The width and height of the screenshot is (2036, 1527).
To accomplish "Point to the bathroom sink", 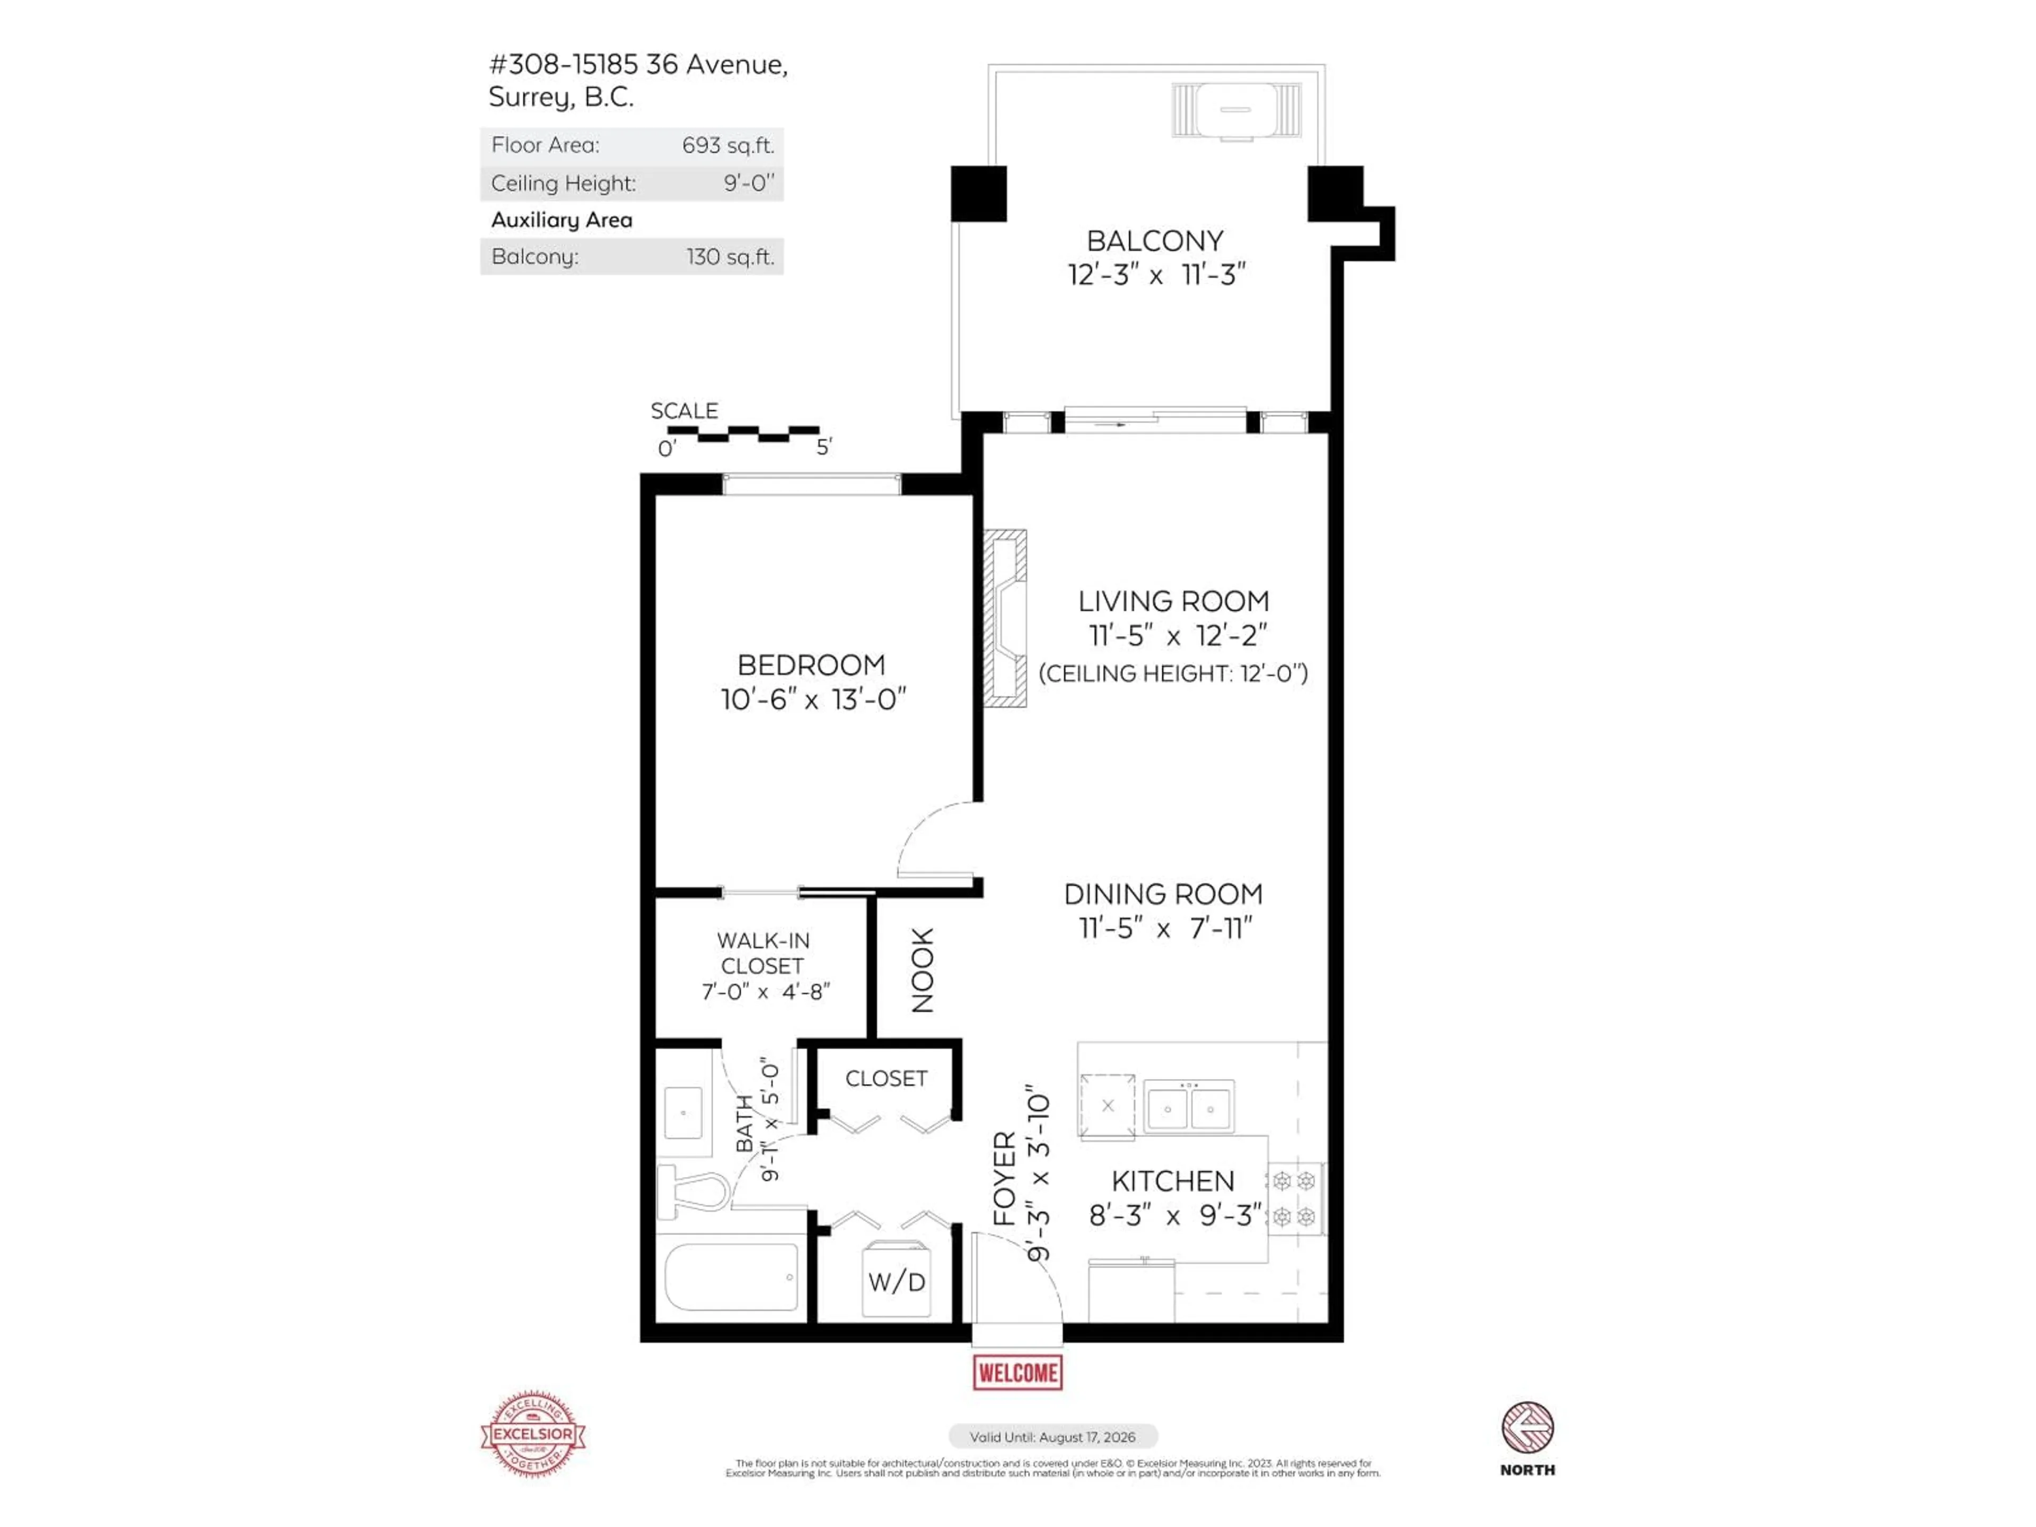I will pos(683,1113).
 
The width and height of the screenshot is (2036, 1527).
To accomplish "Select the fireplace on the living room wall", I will pos(1005,619).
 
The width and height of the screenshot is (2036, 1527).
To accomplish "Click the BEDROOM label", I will pos(811,664).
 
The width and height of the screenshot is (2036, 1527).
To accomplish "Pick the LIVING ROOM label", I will pos(1173,602).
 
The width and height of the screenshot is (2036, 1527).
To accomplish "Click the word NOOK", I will pos(922,970).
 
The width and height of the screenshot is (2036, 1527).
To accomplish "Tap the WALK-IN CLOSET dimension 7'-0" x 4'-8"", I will pos(766,991).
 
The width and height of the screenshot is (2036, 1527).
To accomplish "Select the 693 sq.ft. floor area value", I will pos(727,145).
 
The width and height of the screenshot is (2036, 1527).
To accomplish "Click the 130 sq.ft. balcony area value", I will pos(729,257).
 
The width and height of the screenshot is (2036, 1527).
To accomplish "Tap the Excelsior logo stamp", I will pos(533,1434).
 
